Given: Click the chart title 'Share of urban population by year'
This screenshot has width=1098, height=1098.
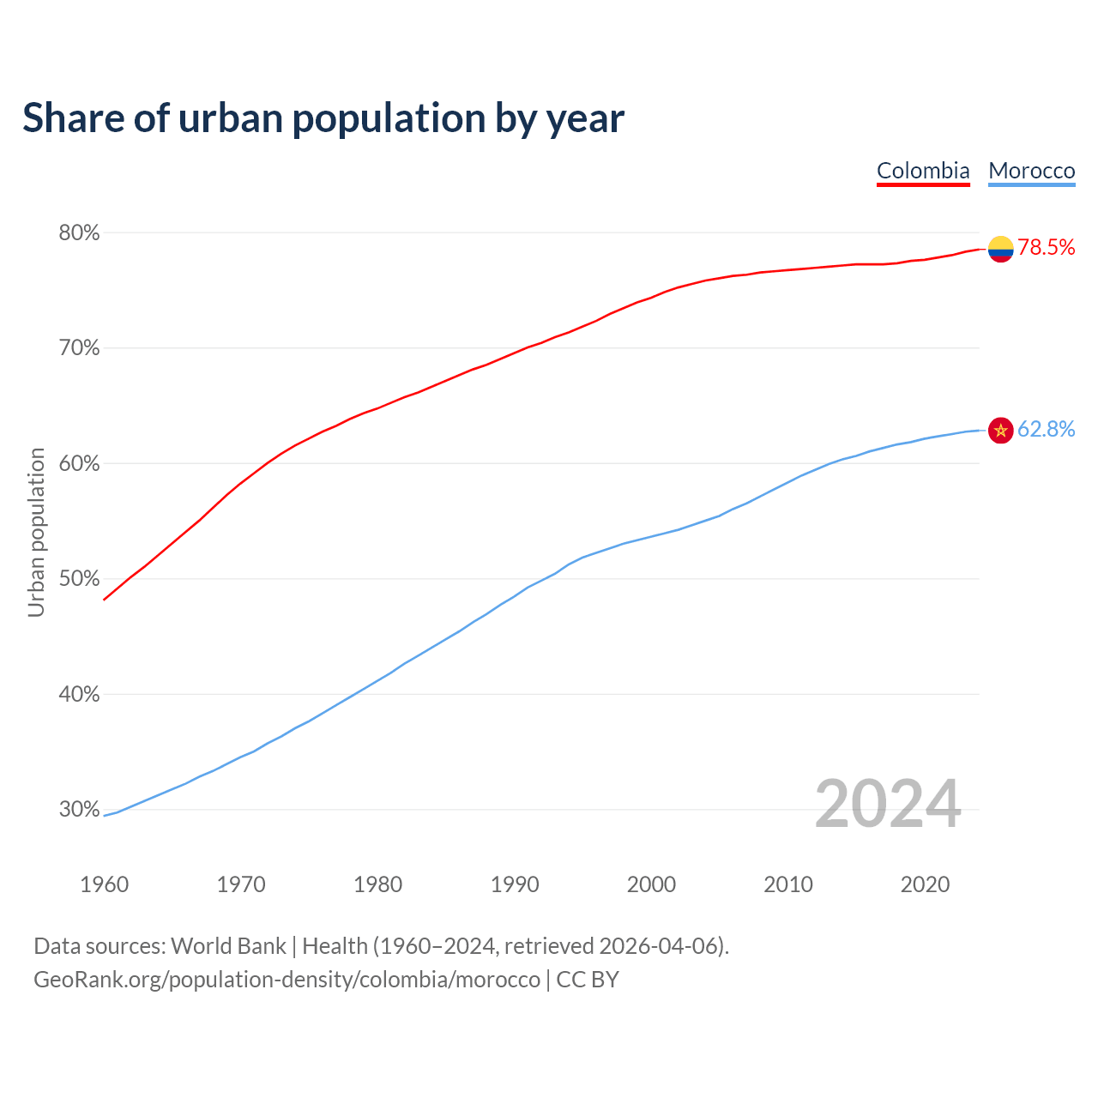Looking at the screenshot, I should point(323,118).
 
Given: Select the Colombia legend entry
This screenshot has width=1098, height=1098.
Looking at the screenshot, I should point(923,171).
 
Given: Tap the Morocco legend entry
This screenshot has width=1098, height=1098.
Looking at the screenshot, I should point(1031,171).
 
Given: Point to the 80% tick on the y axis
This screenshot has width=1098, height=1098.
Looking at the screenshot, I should point(80,233).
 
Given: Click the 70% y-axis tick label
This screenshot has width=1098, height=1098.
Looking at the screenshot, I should point(80,348).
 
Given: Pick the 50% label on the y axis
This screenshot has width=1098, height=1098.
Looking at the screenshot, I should point(80,579).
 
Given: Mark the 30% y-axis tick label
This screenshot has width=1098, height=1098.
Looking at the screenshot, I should point(80,810).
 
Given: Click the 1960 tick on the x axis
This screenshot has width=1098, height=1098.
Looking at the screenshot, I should point(105,884).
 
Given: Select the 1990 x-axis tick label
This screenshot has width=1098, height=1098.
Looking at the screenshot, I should point(515,884).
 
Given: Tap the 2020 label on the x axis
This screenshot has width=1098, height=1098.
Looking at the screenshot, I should point(925,884).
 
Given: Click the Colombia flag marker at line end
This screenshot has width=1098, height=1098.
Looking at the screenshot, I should point(1001,249).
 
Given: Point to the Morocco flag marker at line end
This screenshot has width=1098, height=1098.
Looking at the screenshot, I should point(1001,430).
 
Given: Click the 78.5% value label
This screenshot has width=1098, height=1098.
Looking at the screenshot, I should point(1047,248).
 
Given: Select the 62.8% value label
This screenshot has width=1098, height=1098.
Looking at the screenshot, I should point(1047,429).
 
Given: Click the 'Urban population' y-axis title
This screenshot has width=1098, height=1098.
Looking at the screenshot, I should point(36,532).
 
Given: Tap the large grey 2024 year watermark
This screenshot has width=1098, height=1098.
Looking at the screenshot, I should point(888,804).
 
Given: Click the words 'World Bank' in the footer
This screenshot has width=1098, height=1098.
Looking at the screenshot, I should point(228,946).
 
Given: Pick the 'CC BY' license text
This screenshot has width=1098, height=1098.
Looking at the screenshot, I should point(588,980).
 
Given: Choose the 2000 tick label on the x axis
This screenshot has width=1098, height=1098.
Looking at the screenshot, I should point(652,884).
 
